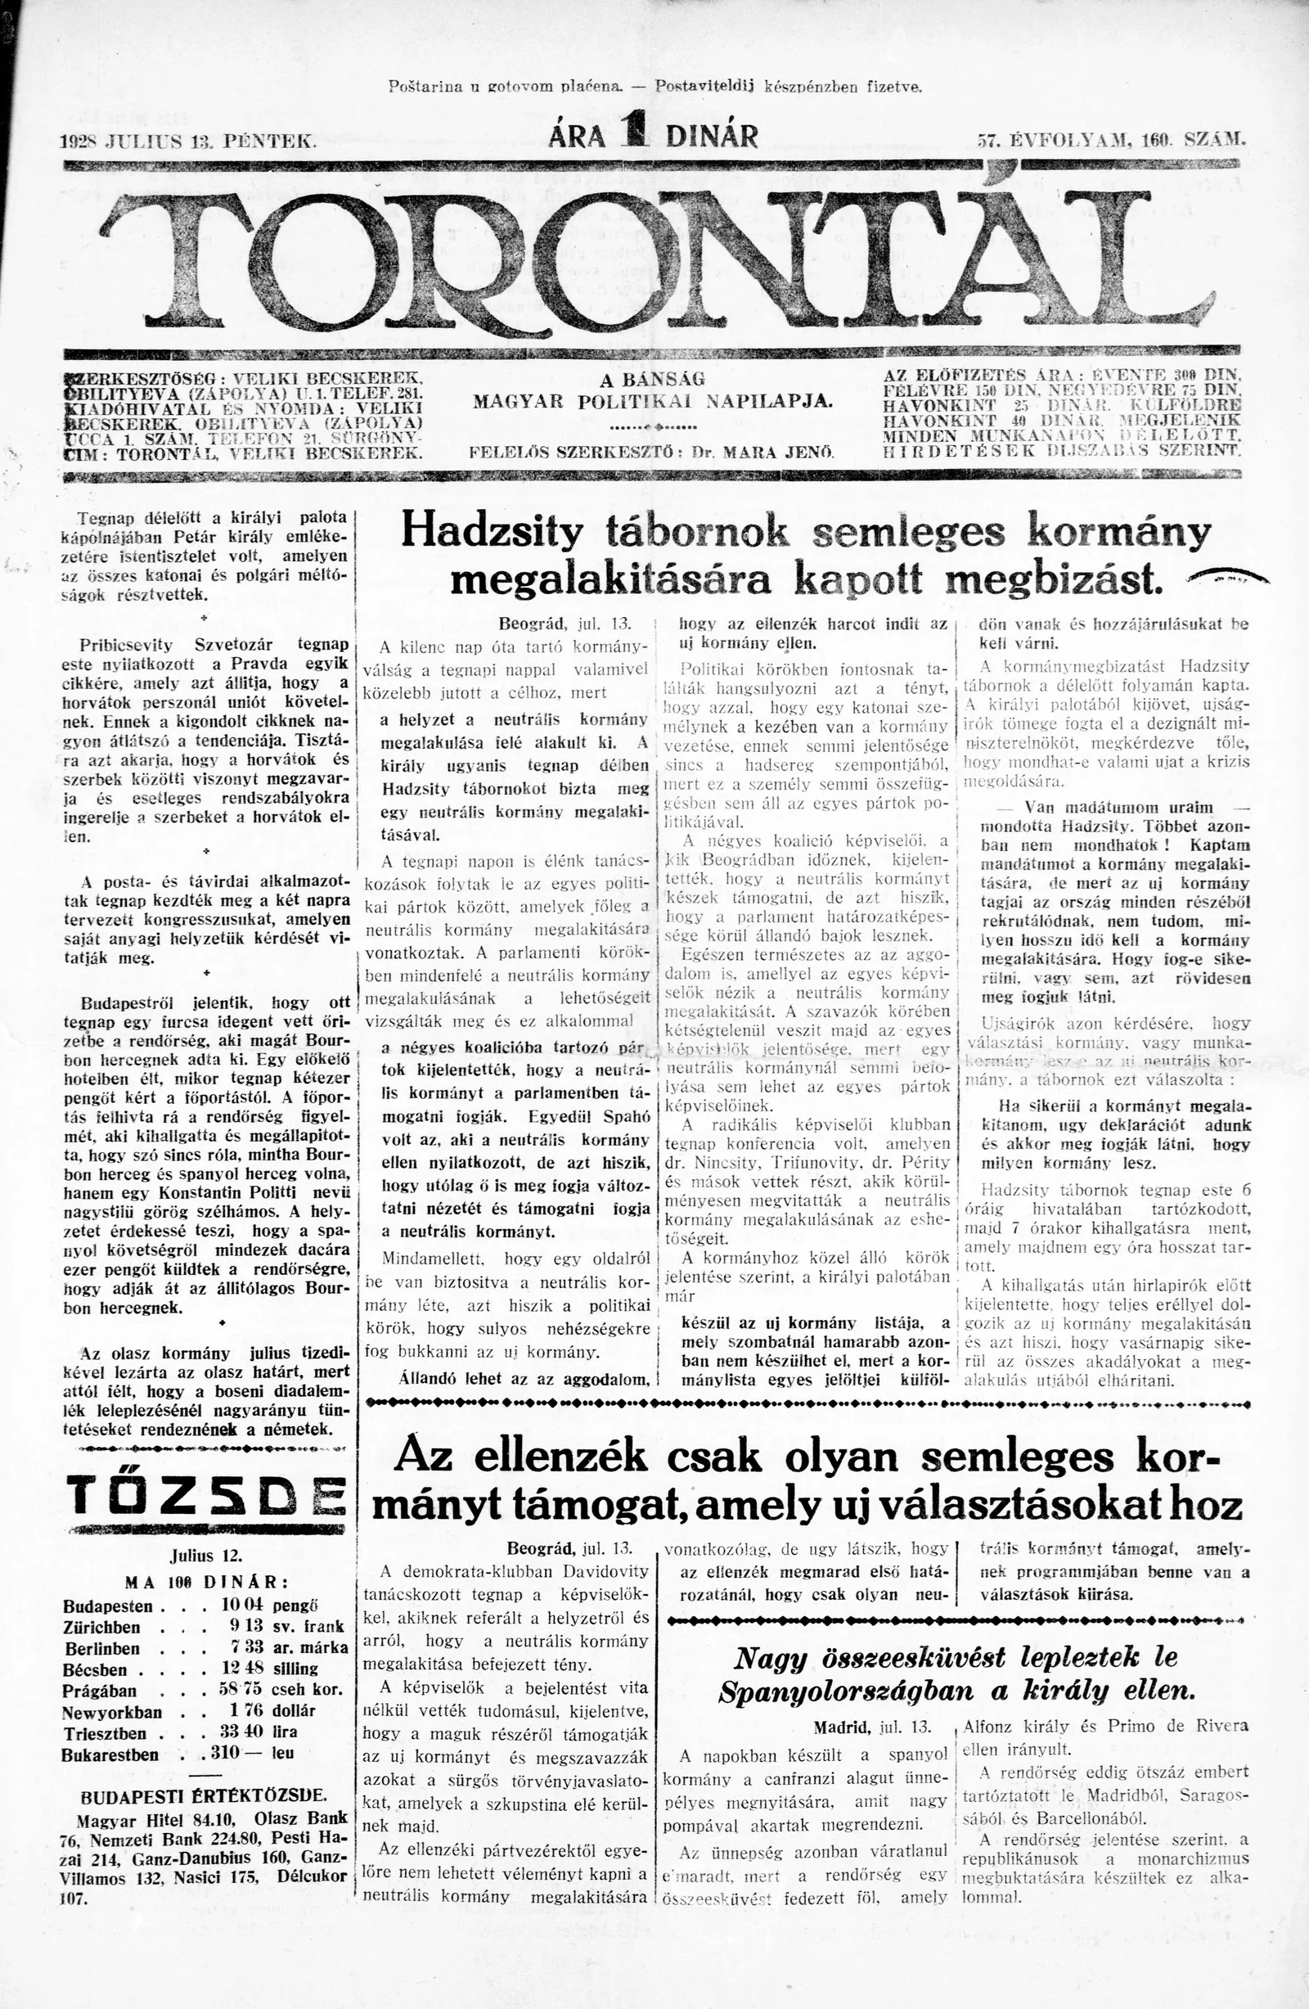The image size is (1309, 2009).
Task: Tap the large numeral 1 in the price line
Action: (632, 135)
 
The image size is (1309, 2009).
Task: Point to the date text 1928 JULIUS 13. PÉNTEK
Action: (190, 140)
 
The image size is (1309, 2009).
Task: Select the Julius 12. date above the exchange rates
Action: (206, 1556)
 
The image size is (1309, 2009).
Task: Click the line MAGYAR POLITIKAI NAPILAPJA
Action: (652, 401)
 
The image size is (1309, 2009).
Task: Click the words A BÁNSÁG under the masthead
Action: (652, 380)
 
